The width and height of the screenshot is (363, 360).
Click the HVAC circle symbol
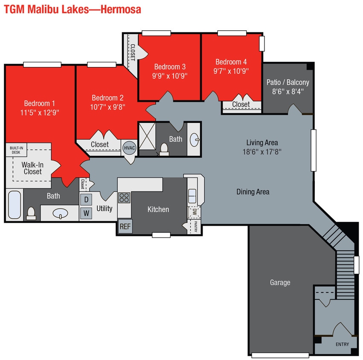click(128, 148)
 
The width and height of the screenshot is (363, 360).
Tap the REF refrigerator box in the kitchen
click(125, 226)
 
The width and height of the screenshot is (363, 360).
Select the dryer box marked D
click(86, 199)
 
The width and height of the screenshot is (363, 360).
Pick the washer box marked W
click(86, 213)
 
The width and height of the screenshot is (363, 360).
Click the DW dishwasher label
click(195, 211)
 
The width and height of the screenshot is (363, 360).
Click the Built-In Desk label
click(15, 150)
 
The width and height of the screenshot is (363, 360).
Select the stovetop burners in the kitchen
click(124, 197)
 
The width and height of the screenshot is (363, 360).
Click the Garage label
click(280, 282)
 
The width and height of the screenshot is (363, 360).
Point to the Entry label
click(342, 344)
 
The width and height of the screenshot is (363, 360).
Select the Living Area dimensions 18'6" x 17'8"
click(262, 151)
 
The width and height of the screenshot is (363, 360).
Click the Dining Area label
click(253, 192)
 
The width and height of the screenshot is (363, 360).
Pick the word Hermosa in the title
click(120, 9)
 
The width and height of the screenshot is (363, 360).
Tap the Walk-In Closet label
click(32, 168)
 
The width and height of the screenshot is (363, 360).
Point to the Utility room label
click(105, 209)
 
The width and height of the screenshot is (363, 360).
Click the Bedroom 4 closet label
click(241, 105)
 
